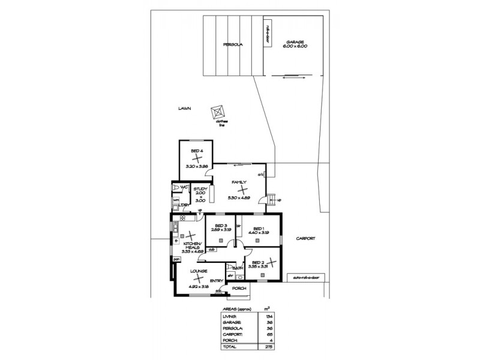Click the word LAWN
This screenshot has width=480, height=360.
click(x=184, y=109)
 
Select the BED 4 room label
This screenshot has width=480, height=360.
click(x=196, y=151)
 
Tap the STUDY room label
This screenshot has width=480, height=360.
click(x=200, y=190)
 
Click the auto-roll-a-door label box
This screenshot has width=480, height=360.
click(x=305, y=278)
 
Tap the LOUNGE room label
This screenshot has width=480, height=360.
click(x=199, y=272)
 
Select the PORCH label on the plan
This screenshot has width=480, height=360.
click(x=239, y=289)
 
